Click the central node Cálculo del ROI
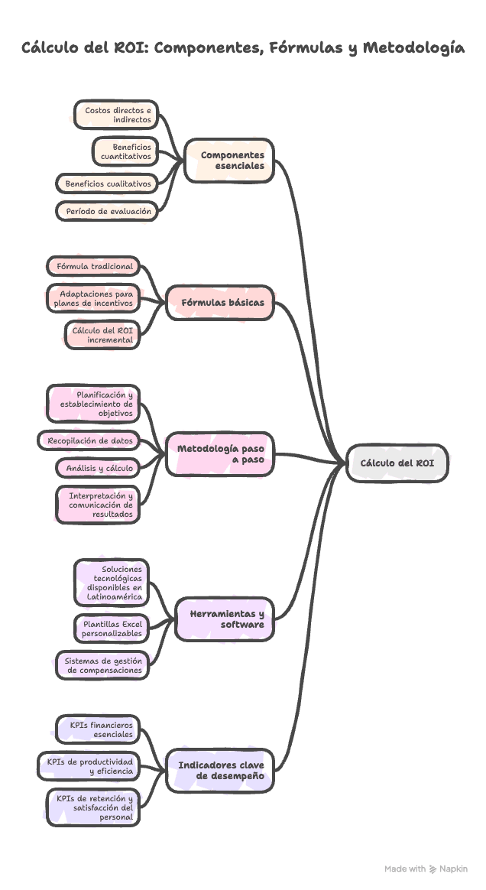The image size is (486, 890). coord(397,463)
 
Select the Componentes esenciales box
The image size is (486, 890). coord(229,160)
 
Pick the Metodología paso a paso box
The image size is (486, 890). coord(220,454)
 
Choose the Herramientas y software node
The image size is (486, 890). coord(225,619)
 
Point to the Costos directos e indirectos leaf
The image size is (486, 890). coord(116,115)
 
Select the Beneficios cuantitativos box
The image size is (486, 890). coord(125,151)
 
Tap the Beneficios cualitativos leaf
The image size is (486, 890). coord(107,184)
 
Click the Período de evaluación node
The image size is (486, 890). coord(107,211)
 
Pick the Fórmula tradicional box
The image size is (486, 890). coord(93,266)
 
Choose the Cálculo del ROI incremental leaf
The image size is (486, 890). coord(102,334)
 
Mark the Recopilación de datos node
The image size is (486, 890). coord(90,440)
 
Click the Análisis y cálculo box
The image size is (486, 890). coord(98,468)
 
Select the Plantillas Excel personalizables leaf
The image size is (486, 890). coord(111,629)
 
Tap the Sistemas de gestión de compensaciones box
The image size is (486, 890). coord(102,664)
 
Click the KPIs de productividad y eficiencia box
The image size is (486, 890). coord(89,766)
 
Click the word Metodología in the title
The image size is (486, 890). coord(413,48)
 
